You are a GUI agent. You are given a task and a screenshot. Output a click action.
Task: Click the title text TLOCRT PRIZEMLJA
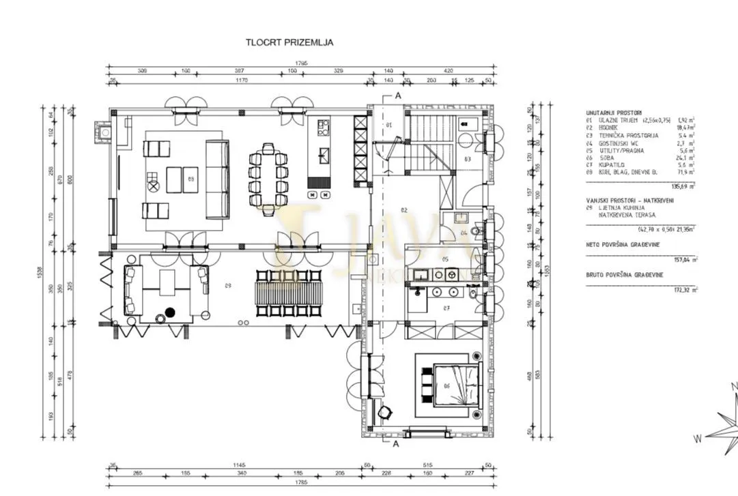(289, 42)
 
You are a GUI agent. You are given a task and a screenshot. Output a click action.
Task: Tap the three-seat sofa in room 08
(218, 179)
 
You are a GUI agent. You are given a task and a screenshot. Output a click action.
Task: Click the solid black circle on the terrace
(170, 312)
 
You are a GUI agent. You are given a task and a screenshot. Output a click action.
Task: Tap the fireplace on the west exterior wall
(102, 132)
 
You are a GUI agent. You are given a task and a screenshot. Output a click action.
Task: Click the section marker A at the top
(395, 96)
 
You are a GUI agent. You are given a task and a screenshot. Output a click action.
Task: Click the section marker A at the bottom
(395, 444)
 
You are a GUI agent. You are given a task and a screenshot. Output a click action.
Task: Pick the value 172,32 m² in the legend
(685, 290)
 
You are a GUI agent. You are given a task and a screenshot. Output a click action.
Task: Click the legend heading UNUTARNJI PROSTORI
(613, 113)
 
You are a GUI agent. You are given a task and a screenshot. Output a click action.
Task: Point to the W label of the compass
(698, 438)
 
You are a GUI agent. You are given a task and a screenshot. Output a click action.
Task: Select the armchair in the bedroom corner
(386, 412)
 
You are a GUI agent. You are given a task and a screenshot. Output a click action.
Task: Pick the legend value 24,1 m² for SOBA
(685, 160)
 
